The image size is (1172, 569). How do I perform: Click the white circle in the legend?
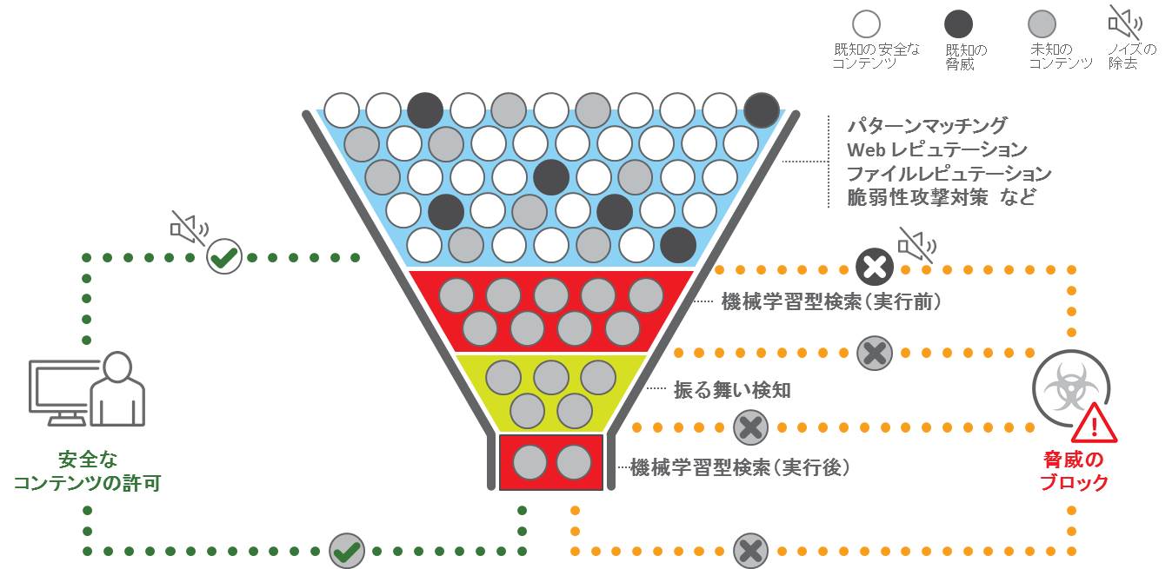click(867, 23)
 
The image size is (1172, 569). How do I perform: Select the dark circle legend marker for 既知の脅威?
click(958, 23)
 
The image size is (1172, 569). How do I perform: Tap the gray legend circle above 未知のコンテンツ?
click(1042, 23)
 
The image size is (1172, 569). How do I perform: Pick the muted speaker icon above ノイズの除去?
click(1125, 21)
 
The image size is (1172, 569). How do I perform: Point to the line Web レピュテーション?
click(937, 150)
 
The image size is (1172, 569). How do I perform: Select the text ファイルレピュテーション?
click(949, 174)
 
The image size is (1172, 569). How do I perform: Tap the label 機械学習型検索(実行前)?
click(831, 302)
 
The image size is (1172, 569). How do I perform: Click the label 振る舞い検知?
click(732, 390)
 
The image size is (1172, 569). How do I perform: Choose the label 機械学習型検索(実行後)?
click(739, 467)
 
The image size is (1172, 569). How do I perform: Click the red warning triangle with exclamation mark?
click(1095, 425)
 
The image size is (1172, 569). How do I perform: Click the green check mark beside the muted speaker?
click(224, 257)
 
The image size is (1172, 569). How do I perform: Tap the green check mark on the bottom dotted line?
click(347, 551)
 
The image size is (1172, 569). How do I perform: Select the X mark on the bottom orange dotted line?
click(750, 551)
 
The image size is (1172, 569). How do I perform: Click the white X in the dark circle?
click(875, 268)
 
